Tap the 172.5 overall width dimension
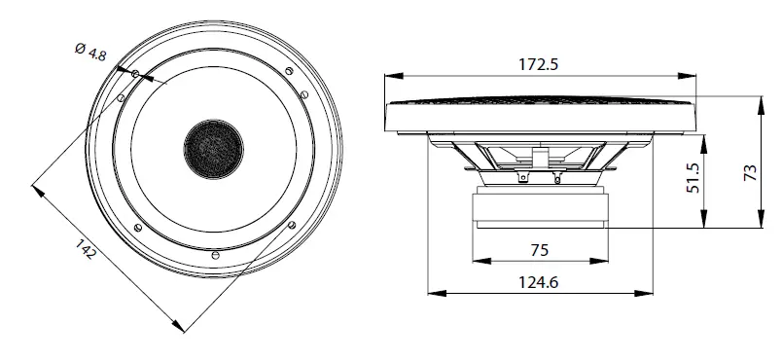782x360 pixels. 541,64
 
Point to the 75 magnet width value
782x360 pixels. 541,250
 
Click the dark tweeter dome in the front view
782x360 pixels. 212,148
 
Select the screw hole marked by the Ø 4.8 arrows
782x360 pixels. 135,74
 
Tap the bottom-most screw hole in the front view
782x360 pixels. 213,254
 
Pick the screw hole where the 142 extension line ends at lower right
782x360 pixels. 291,225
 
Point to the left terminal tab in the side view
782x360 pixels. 524,178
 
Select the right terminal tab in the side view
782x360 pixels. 557,178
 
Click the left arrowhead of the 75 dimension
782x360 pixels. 478,261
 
